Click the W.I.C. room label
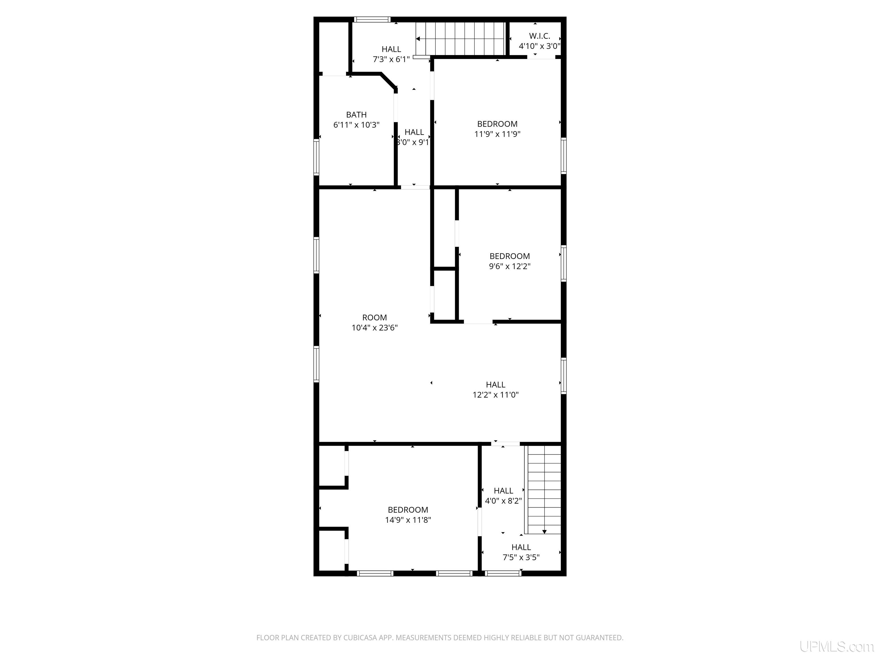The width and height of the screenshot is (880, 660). click(539, 36)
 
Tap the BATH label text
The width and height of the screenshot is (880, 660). click(356, 115)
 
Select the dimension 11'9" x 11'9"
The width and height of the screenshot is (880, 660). click(497, 134)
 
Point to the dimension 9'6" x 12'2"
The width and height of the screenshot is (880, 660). click(510, 266)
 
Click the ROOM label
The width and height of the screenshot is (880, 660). click(374, 317)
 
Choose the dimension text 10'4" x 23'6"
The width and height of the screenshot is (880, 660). click(374, 328)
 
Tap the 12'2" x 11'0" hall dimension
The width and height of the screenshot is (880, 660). click(496, 395)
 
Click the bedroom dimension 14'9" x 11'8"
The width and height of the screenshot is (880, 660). click(408, 520)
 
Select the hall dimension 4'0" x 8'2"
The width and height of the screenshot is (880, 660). click(503, 501)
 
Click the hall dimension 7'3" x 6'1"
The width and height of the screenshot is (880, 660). click(391, 60)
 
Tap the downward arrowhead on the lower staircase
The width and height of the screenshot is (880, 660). click(544, 531)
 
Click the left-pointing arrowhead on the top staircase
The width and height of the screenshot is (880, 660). click(418, 39)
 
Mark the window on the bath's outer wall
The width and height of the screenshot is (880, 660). click(316, 157)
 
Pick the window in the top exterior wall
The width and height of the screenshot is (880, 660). click(372, 19)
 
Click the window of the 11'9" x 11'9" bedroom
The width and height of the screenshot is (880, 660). click(564, 156)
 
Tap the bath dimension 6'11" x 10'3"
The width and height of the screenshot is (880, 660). click(356, 125)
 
